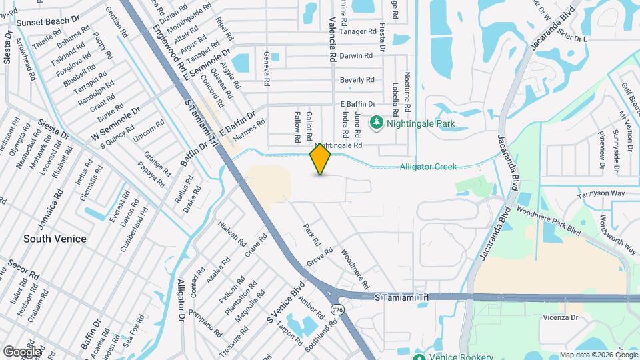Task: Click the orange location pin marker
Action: pyautogui.click(x=321, y=159)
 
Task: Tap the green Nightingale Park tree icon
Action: pyautogui.click(x=376, y=123)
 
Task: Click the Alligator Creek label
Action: pyautogui.click(x=428, y=167)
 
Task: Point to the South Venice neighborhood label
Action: pyautogui.click(x=55, y=238)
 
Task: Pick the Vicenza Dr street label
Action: pyautogui.click(x=560, y=317)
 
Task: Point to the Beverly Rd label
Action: pyautogui.click(x=357, y=80)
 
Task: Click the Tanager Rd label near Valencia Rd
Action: pyautogui.click(x=357, y=31)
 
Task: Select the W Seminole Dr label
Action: pyautogui.click(x=115, y=123)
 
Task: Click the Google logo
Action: pyautogui.click(x=21, y=351)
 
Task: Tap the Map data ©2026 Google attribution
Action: pyautogui.click(x=597, y=355)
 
